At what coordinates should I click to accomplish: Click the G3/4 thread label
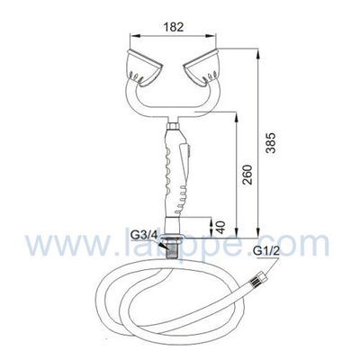tap(142, 234)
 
